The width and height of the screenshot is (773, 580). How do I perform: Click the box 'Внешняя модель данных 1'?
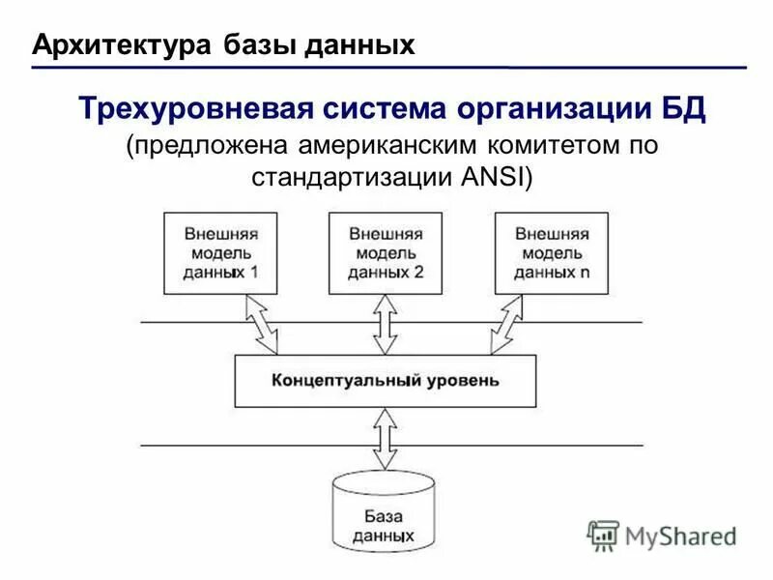[220, 253]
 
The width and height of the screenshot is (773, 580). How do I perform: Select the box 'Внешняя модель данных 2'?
[386, 253]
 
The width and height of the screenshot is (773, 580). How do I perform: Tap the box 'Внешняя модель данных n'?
[552, 253]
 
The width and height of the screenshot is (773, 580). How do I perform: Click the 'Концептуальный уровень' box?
[386, 380]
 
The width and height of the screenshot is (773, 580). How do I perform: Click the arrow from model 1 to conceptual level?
[262, 324]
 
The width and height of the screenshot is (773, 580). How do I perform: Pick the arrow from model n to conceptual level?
[508, 324]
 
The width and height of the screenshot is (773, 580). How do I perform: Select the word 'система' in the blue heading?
[371, 108]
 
